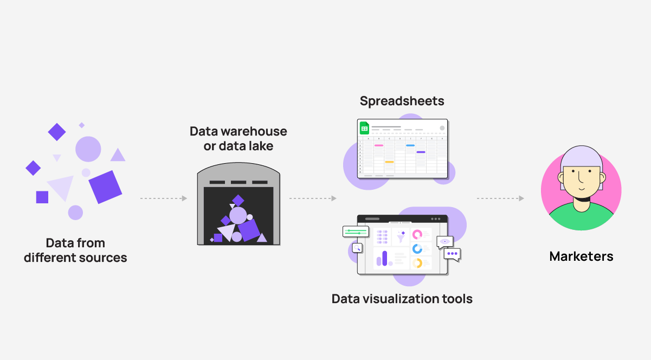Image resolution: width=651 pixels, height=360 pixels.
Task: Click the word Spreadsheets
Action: pos(402,101)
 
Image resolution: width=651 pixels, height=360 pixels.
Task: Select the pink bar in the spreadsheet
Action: pos(378,145)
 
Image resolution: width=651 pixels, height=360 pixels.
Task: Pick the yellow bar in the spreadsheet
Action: pos(389,162)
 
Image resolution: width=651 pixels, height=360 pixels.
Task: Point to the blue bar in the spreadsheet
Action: pos(410,145)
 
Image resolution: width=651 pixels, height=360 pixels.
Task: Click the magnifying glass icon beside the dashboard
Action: pos(357,248)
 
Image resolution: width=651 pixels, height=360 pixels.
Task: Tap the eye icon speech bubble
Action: pos(445,241)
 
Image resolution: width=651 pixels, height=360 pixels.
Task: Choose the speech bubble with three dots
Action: pos(452,253)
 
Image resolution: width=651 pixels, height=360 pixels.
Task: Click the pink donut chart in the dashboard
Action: pos(417,234)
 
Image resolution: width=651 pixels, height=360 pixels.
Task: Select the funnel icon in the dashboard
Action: pos(401,236)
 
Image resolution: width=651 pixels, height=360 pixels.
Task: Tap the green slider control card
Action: pos(355,232)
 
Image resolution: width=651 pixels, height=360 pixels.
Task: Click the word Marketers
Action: pos(581,256)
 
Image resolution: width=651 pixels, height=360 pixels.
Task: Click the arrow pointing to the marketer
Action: pos(500,198)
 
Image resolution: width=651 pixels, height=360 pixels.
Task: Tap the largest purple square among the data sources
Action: pos(105,187)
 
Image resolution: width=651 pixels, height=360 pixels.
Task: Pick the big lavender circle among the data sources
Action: pos(88,149)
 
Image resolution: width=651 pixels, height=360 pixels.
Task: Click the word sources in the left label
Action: pos(102,258)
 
